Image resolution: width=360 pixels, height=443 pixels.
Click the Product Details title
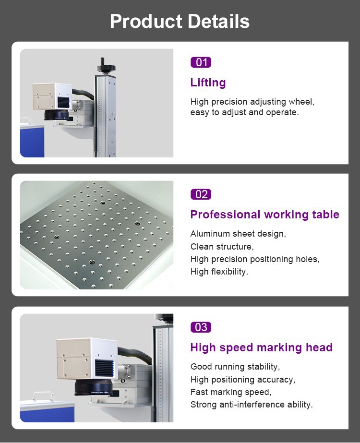click(180, 22)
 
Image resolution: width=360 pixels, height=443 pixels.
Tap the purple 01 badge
click(201, 62)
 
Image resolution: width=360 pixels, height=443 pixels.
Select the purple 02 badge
click(201, 194)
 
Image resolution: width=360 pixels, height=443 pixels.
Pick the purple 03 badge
click(201, 327)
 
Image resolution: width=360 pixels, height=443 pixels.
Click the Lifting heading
click(208, 83)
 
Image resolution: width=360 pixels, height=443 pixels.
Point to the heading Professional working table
click(264, 215)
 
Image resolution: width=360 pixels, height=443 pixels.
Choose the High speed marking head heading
click(261, 347)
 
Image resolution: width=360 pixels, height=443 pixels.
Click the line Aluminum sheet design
click(238, 234)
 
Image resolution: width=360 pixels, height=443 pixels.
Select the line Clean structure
click(222, 247)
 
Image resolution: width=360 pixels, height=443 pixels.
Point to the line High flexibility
click(219, 272)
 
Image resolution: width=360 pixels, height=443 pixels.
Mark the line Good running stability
click(235, 367)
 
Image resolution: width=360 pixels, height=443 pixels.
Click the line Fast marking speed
click(230, 392)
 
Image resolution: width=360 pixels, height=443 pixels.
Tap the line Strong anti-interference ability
click(252, 405)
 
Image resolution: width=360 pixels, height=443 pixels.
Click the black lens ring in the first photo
click(57, 115)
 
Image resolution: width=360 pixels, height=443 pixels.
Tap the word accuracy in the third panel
click(277, 380)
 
